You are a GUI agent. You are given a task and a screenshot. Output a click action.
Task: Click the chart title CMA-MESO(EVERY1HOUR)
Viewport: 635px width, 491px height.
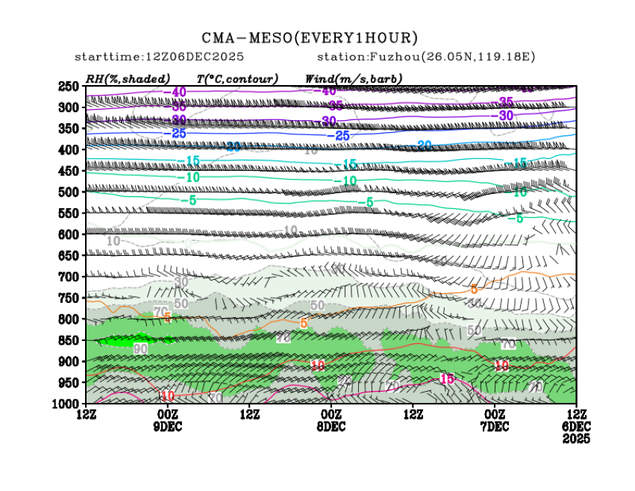click(310, 38)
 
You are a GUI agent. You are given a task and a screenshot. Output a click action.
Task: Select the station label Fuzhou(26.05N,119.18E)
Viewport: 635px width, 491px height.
click(426, 57)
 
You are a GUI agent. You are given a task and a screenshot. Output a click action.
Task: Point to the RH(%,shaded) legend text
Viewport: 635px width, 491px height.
click(128, 78)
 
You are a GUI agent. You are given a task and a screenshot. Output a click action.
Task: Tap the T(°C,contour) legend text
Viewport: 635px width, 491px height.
click(237, 78)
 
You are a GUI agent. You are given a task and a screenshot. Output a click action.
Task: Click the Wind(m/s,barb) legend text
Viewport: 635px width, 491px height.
click(354, 78)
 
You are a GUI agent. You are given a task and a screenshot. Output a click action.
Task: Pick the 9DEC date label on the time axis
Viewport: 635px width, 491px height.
click(167, 427)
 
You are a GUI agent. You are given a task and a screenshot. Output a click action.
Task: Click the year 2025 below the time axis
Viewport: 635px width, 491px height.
click(575, 440)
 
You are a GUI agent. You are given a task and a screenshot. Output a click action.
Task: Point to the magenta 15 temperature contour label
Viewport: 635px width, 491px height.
click(447, 378)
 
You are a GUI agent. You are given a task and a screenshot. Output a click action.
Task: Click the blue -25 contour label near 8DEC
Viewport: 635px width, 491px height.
click(342, 136)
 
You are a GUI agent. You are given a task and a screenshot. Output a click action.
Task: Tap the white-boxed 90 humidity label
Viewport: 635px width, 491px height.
click(140, 349)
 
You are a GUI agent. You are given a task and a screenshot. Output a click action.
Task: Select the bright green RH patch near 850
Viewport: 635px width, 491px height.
click(119, 340)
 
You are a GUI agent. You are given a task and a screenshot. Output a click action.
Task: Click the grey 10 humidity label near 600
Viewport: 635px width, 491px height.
click(113, 241)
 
